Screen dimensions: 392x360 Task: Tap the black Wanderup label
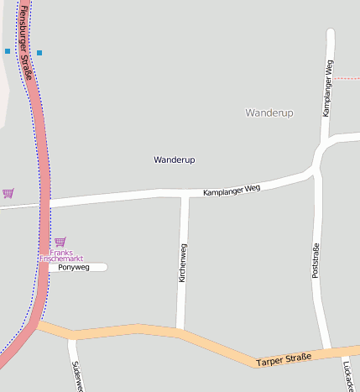[x=175, y=159]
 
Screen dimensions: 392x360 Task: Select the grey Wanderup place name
[x=269, y=112]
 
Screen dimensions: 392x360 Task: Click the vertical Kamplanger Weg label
[x=328, y=88]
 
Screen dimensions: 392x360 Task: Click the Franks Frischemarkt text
[x=67, y=256]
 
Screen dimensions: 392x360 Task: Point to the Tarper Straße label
[x=284, y=359]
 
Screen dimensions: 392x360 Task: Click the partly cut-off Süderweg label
[x=76, y=376]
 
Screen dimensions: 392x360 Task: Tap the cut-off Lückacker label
[x=348, y=376]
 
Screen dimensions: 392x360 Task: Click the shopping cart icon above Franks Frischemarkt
[x=60, y=242]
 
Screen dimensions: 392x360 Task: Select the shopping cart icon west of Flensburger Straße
[x=8, y=193]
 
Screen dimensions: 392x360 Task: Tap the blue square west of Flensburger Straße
[x=8, y=51]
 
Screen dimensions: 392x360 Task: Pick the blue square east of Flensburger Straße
[x=39, y=53]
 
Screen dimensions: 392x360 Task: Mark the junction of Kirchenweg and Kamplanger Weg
[x=185, y=195]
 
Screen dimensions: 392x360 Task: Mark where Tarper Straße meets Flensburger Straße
[x=37, y=325]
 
